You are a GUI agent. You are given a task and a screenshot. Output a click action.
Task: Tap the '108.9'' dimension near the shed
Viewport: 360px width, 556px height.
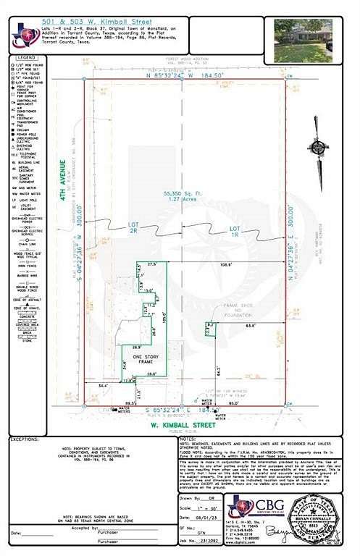tap(227, 265)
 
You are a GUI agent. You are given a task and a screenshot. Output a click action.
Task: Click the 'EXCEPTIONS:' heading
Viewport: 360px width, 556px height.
tap(28, 439)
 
